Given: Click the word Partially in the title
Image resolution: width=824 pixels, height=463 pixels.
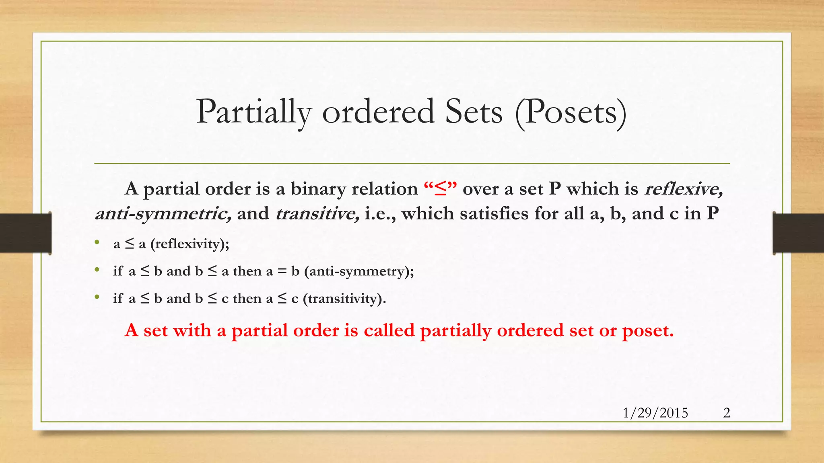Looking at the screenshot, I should click(x=254, y=112).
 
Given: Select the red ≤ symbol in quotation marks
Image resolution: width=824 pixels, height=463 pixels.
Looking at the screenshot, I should click(x=441, y=189).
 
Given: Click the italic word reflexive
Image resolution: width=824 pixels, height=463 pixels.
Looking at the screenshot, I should click(x=684, y=189).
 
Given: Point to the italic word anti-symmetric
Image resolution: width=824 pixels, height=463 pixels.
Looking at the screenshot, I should click(x=163, y=213).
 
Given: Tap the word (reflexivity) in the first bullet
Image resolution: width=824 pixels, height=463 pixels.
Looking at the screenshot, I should click(x=190, y=244).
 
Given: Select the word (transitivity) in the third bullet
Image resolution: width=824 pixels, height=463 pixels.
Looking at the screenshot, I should click(x=344, y=299).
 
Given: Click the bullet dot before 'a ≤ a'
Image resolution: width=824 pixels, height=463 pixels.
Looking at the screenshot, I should click(x=97, y=242).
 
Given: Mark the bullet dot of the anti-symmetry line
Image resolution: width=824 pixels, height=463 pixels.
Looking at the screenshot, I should click(x=97, y=270).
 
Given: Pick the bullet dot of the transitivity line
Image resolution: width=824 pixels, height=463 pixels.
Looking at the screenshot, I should click(x=97, y=297).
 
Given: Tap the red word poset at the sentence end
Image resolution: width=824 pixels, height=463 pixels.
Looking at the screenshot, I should click(x=647, y=330).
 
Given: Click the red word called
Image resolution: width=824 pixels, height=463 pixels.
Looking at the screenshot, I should click(x=389, y=330).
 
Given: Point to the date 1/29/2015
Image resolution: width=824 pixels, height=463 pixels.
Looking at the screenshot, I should click(x=655, y=413).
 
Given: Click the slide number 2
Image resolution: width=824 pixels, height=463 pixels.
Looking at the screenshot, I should click(x=726, y=413).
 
